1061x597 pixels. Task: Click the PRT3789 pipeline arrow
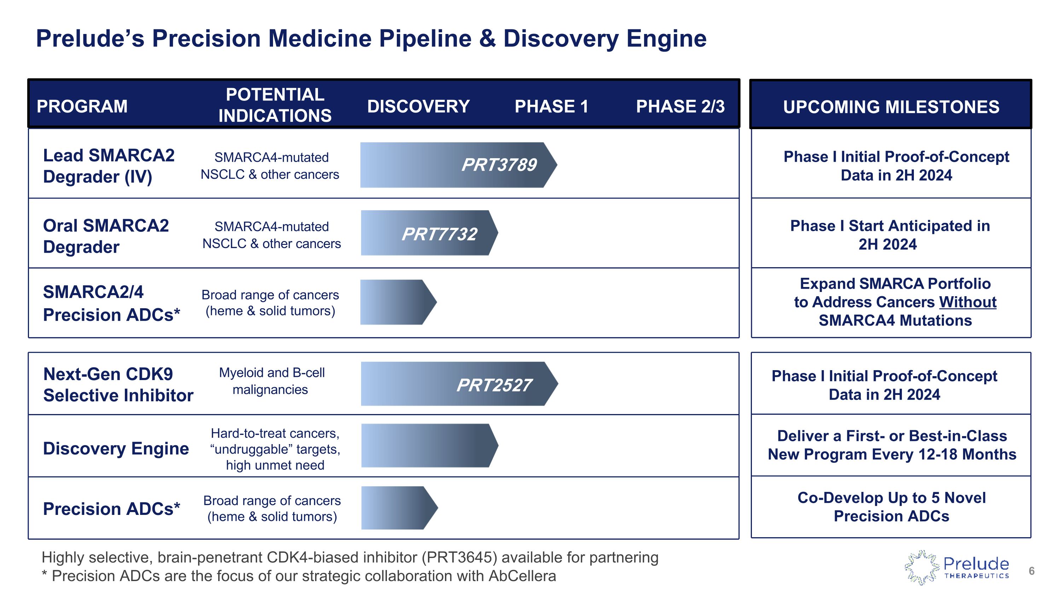point(457,165)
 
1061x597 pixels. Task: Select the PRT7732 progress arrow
point(428,233)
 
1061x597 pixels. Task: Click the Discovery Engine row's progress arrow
point(428,446)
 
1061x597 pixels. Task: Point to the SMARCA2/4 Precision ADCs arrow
point(398,303)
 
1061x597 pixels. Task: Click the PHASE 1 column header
point(551,106)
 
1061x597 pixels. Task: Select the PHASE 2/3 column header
point(680,106)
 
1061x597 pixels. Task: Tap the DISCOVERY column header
point(418,106)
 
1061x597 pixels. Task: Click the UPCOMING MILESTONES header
point(891,107)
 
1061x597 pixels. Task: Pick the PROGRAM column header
point(82,106)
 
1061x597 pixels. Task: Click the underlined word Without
point(968,302)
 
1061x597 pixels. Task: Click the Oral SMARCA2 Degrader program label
point(106,236)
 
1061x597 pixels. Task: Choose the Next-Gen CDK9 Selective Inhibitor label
point(118,384)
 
